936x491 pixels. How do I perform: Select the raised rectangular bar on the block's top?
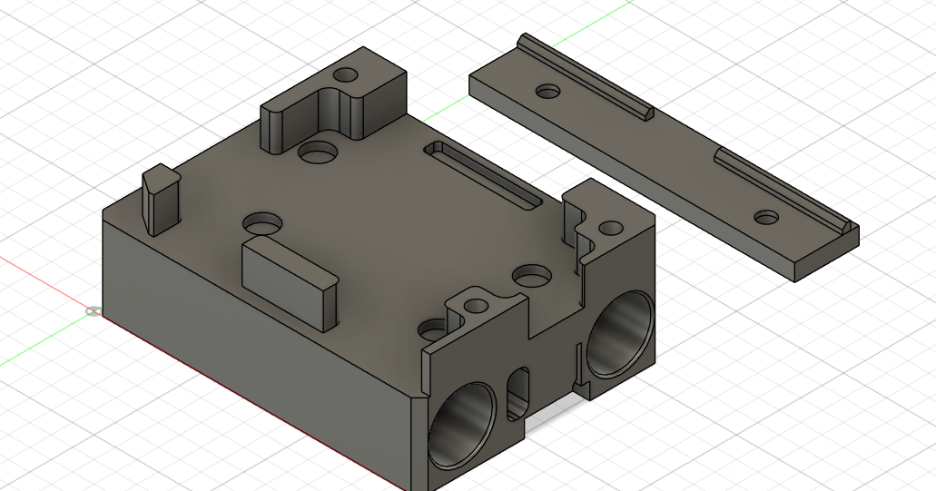click(x=289, y=280)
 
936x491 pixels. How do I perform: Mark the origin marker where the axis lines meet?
click(x=93, y=311)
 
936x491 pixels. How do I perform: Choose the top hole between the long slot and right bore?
click(x=531, y=273)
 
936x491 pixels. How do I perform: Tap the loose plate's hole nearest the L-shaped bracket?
click(x=547, y=91)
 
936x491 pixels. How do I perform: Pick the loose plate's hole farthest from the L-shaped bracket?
click(x=767, y=218)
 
